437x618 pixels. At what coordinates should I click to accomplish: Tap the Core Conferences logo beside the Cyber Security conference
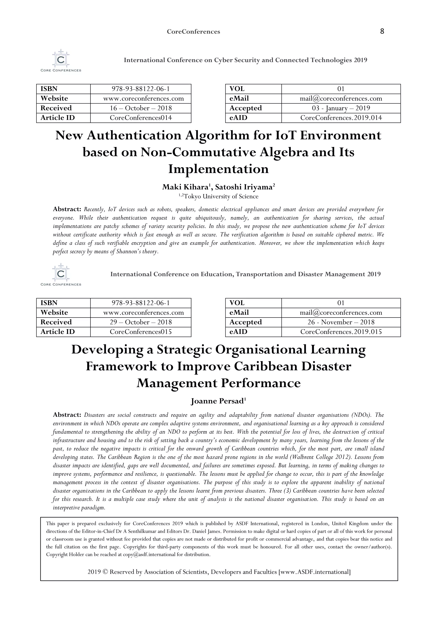[61, 61]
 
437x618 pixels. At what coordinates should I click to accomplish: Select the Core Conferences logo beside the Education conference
[61, 275]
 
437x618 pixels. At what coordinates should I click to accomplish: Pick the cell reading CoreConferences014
[141, 118]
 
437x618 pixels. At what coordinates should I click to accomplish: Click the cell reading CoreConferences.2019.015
[341, 332]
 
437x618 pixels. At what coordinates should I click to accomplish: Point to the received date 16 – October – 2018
[141, 108]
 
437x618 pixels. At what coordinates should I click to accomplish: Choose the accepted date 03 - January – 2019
[341, 108]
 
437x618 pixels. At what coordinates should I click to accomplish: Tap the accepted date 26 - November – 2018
[341, 322]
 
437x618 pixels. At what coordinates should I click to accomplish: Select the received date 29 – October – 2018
[141, 322]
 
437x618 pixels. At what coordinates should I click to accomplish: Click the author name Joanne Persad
[217, 401]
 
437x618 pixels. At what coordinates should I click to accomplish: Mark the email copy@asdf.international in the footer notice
[149, 554]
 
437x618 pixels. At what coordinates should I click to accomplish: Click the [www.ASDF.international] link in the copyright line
[315, 572]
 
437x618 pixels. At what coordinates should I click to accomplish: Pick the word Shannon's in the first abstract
[130, 252]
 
